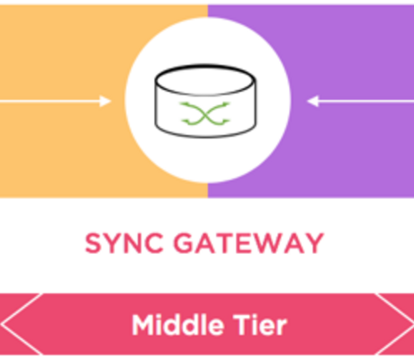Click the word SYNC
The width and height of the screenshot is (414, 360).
coord(124,243)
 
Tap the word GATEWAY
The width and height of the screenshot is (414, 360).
coord(248,243)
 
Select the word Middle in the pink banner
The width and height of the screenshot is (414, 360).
coord(178,325)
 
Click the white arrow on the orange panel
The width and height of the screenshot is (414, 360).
coord(56,101)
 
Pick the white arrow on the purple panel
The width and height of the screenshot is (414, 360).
coord(360,101)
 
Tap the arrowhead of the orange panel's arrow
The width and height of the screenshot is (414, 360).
coord(105,101)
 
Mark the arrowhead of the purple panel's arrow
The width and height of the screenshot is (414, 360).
coord(312,101)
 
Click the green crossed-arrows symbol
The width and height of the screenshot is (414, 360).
coord(205,113)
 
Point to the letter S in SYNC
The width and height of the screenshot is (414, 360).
coord(93,243)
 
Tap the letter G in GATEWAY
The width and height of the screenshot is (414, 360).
coord(184,243)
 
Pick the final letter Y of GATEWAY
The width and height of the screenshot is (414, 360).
coord(314,243)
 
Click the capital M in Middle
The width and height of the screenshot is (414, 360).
coord(142,325)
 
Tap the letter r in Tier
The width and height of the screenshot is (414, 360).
coord(282,328)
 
